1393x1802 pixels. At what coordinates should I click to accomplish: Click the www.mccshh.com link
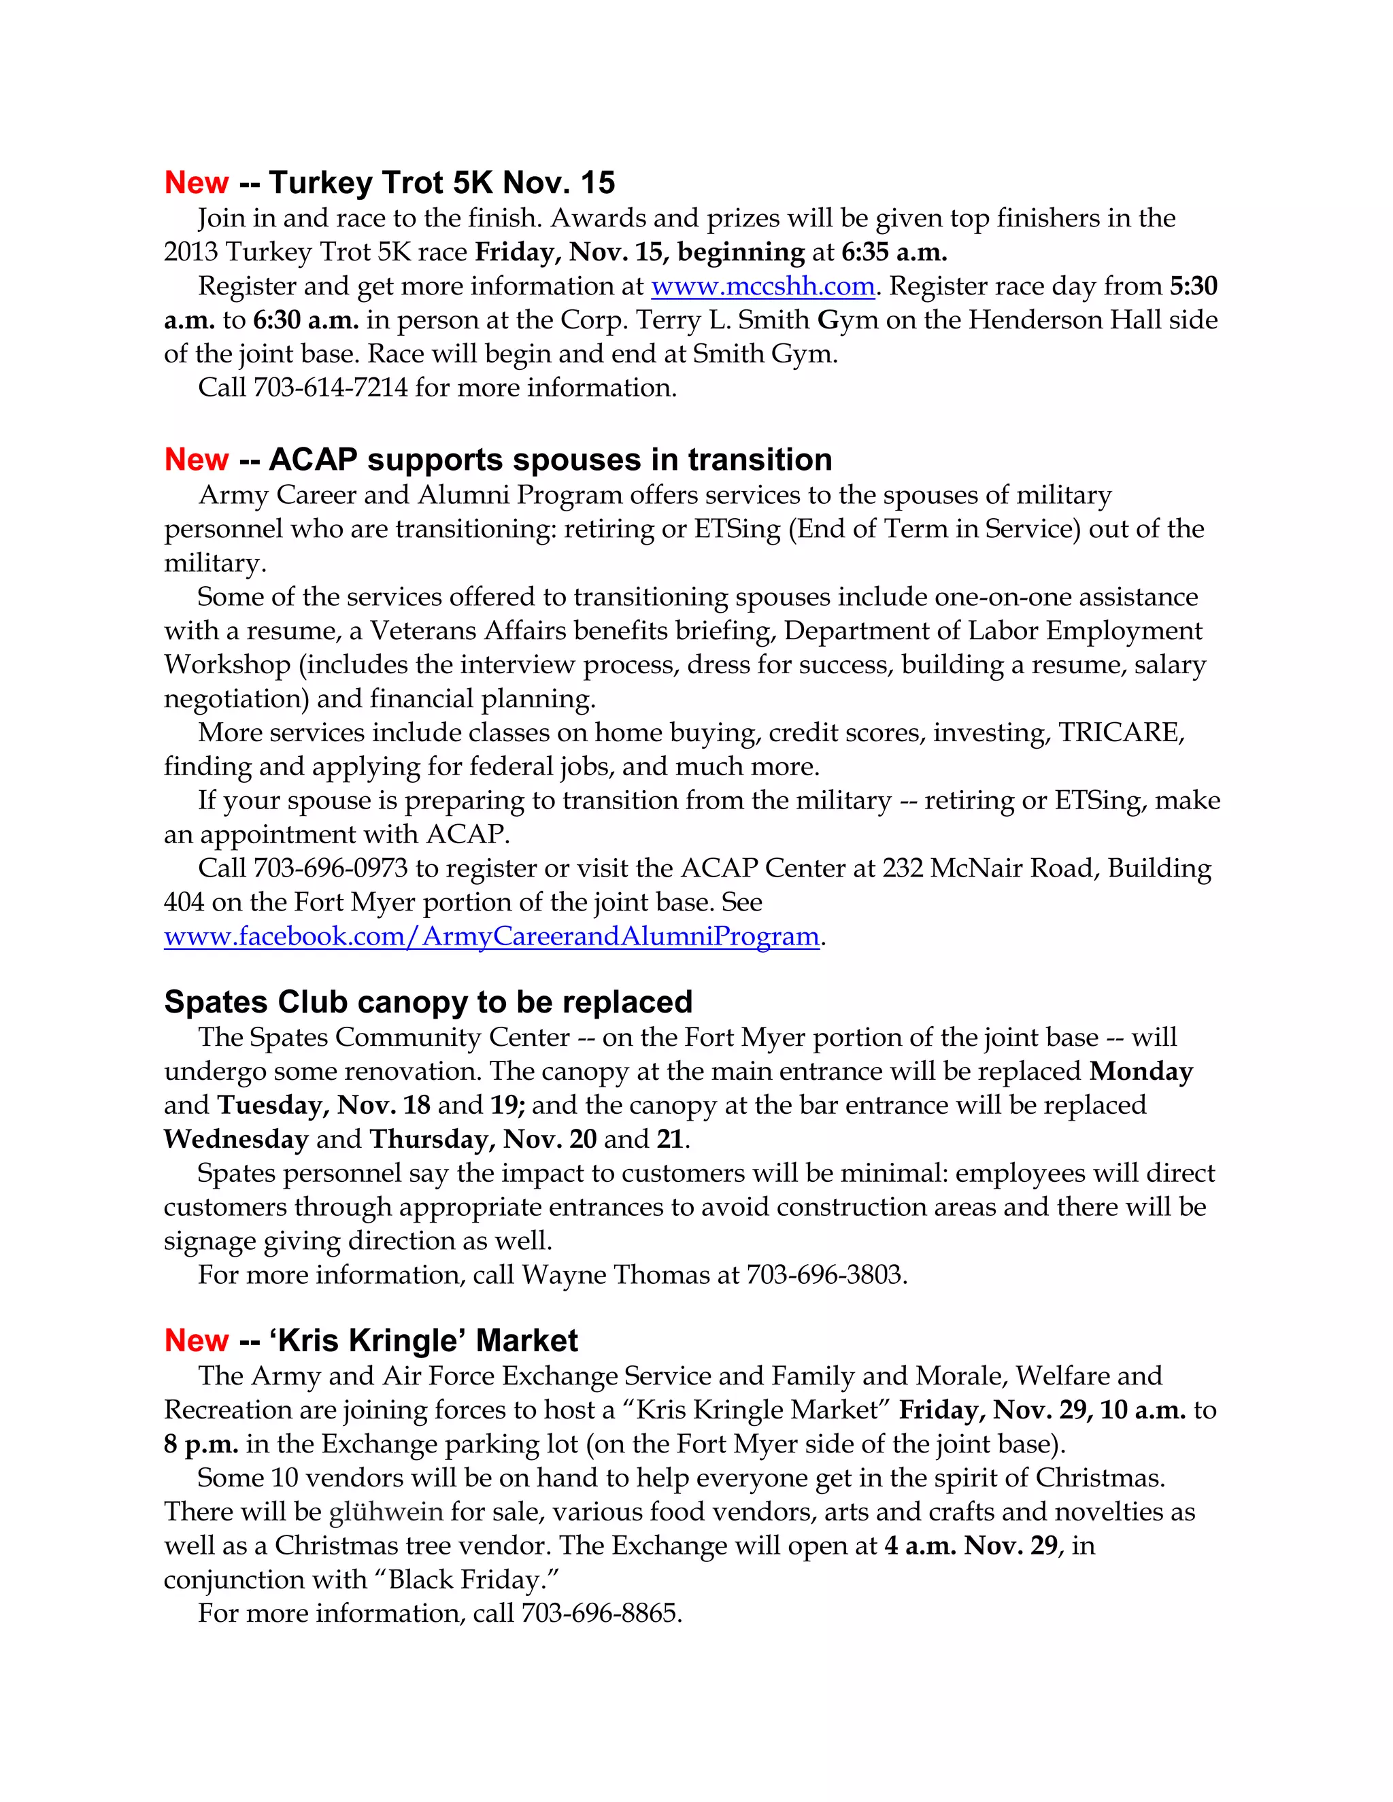tap(762, 286)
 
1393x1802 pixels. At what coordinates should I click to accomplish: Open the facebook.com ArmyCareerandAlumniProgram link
tap(492, 936)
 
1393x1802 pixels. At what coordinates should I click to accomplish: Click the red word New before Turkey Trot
tap(197, 183)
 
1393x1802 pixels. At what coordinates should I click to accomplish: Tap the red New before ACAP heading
tap(197, 460)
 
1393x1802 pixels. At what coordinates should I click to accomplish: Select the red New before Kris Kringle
tap(197, 1340)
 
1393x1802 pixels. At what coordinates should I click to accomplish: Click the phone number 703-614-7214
tap(330, 388)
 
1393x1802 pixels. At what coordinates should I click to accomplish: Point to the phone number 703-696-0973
tap(330, 869)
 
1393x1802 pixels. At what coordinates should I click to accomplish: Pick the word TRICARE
tap(1120, 732)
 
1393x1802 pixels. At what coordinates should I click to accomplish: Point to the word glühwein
tap(384, 1512)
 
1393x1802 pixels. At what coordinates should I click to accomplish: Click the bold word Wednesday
tap(236, 1140)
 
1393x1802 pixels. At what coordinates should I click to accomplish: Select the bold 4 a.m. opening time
tap(920, 1546)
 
